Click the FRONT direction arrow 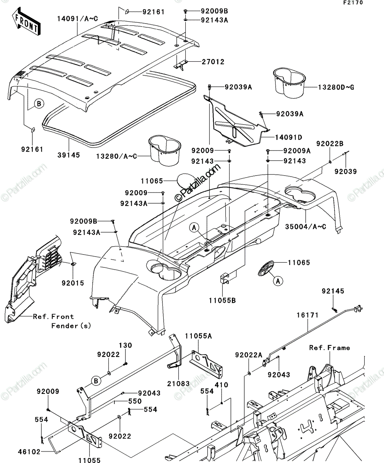click(x=26, y=21)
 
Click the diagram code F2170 click(x=353, y=2)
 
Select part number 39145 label click(x=69, y=155)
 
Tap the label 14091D click(x=289, y=137)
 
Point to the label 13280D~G click(x=336, y=87)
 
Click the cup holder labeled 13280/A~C click(x=165, y=150)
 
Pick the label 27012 click(x=213, y=62)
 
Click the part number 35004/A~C click(x=306, y=226)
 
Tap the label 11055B click(x=222, y=301)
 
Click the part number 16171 click(x=308, y=315)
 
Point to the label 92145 click(x=333, y=291)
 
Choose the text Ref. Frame click(x=330, y=348)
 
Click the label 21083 click(x=178, y=384)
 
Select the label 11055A click(x=198, y=336)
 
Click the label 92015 click(x=73, y=283)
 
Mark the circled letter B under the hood click(x=39, y=103)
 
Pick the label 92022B click(x=330, y=144)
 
